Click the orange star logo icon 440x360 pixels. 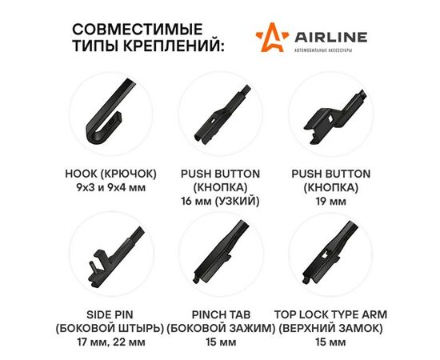click(x=272, y=38)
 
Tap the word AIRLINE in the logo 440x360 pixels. click(x=331, y=37)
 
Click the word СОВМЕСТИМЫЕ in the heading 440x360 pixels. click(x=138, y=29)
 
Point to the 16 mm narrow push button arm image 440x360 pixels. click(x=222, y=116)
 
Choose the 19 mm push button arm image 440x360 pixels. click(x=334, y=118)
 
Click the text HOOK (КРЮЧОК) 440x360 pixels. click(x=110, y=174)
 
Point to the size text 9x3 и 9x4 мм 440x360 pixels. click(x=111, y=188)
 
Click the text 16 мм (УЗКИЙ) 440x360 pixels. click(x=220, y=201)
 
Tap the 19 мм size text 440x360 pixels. click(x=331, y=201)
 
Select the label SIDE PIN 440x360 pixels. click(x=110, y=314)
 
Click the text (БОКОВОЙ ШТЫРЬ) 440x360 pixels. click(x=110, y=328)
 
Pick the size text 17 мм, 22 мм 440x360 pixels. click(x=111, y=342)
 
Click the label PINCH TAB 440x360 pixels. click(x=221, y=314)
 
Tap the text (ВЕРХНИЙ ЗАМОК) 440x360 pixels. click(x=330, y=328)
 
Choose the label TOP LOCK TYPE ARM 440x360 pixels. click(x=331, y=314)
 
